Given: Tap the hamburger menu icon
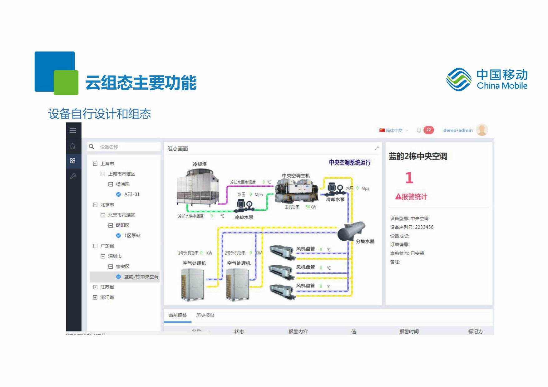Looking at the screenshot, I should click(x=73, y=130).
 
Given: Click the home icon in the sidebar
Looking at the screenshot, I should click(x=73, y=146).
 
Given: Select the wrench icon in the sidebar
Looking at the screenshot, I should click(x=73, y=176).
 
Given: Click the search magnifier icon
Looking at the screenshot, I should click(x=91, y=146).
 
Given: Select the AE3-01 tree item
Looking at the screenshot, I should click(x=131, y=194).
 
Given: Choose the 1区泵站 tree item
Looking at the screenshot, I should click(x=132, y=235).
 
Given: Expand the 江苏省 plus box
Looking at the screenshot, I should click(x=95, y=287).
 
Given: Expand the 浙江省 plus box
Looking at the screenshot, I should click(x=95, y=297).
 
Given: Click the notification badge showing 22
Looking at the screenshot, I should click(x=428, y=130).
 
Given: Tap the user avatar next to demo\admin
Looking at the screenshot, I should click(x=482, y=130).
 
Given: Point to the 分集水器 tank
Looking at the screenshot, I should click(x=351, y=231).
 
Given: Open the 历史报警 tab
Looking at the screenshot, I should click(x=205, y=315).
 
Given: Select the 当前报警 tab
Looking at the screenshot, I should click(x=178, y=315).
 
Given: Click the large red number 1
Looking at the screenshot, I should click(x=409, y=178).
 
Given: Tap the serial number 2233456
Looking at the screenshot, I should click(x=424, y=227).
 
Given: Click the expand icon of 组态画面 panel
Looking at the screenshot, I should click(x=377, y=148).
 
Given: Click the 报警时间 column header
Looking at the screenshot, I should click(x=409, y=331).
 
